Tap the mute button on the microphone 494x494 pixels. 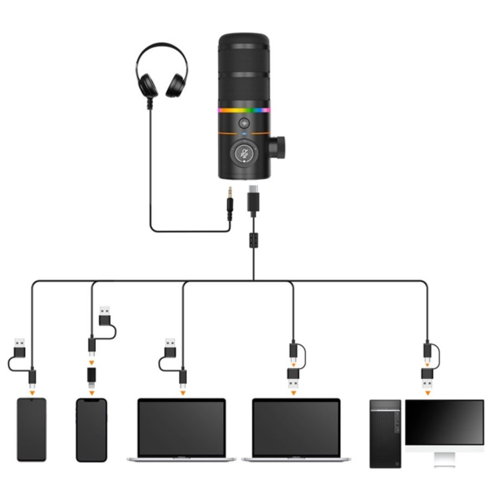(245, 153)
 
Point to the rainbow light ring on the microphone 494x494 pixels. (244, 110)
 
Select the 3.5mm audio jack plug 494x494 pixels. (230, 203)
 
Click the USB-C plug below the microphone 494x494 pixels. (253, 200)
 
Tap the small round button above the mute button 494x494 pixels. (245, 123)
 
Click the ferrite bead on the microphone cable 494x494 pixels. (253, 239)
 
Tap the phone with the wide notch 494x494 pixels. (92, 430)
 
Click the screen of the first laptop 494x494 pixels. (181, 428)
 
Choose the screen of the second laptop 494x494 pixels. (296, 428)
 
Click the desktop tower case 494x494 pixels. (385, 433)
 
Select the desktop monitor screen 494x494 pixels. (444, 422)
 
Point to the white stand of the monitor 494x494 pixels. (444, 458)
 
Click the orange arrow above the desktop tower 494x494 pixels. (428, 392)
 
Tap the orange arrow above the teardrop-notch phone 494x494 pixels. (32, 392)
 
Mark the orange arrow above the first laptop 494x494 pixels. (183, 392)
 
